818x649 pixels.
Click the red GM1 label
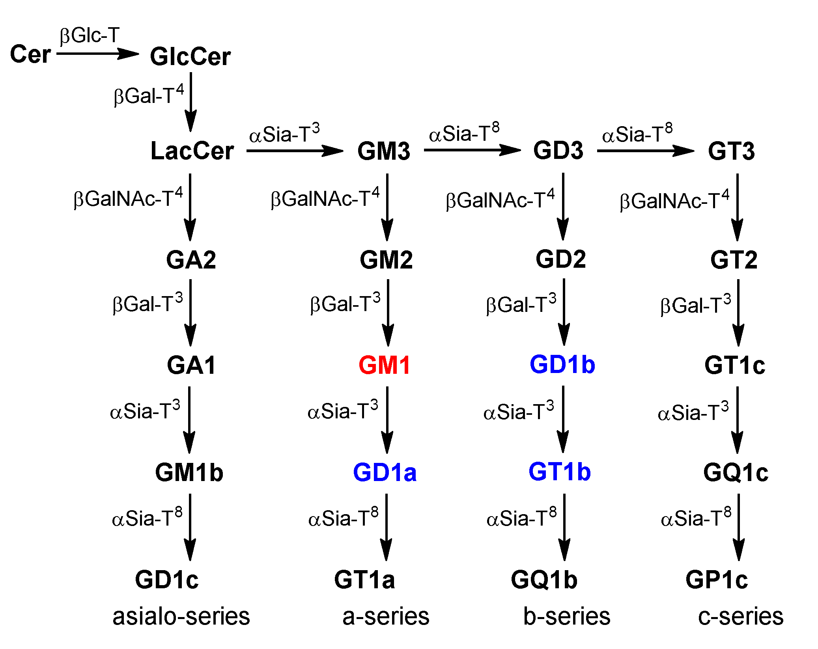(385, 365)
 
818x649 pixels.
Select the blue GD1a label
(385, 472)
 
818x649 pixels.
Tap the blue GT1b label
(559, 472)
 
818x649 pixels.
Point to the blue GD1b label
(562, 364)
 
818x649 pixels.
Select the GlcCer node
(190, 56)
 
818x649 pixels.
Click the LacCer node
(192, 151)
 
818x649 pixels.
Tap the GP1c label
(716, 580)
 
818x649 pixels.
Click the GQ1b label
(544, 580)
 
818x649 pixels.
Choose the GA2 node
(191, 260)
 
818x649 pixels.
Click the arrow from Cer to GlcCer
(97, 54)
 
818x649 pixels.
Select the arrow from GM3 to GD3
(472, 150)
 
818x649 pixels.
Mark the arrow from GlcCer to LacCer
(191, 102)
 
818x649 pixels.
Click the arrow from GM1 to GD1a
(387, 420)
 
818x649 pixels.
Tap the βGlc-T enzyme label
(90, 35)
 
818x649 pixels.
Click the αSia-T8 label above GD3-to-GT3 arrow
(637, 133)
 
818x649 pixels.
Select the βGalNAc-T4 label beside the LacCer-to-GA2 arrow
(128, 198)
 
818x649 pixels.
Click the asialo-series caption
(181, 617)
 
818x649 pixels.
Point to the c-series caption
(740, 617)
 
